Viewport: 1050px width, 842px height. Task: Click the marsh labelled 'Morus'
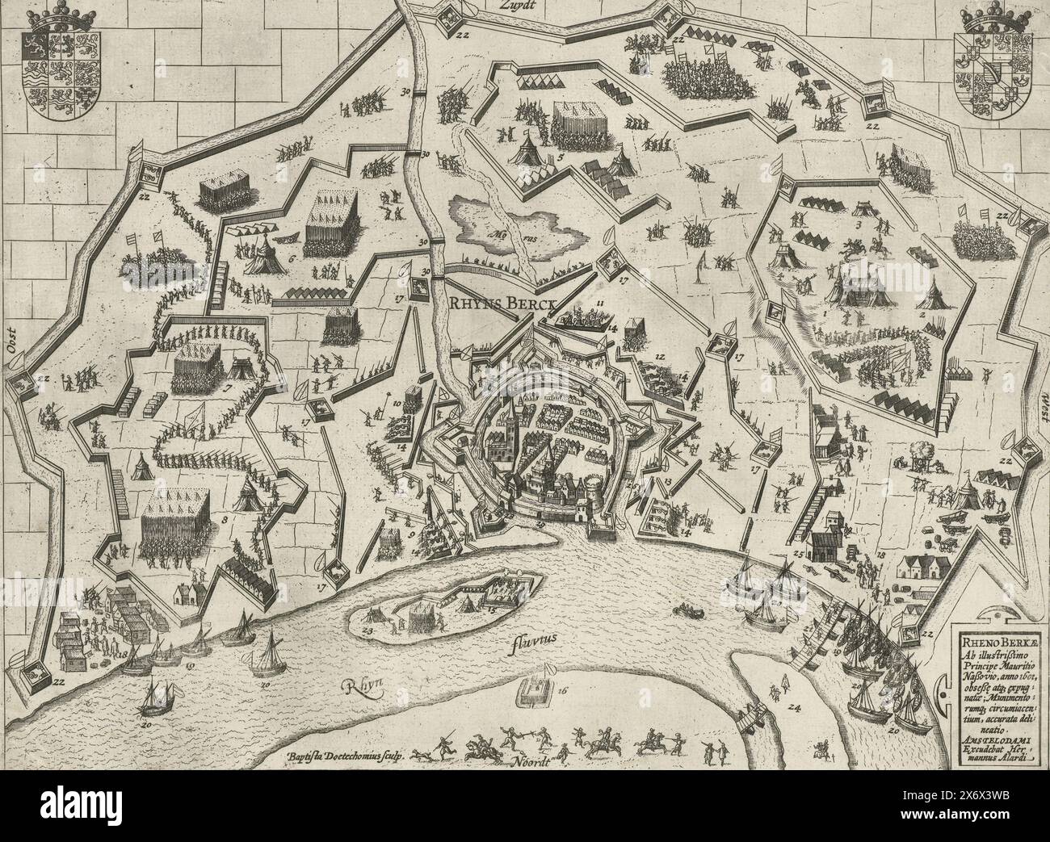[x=517, y=227]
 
